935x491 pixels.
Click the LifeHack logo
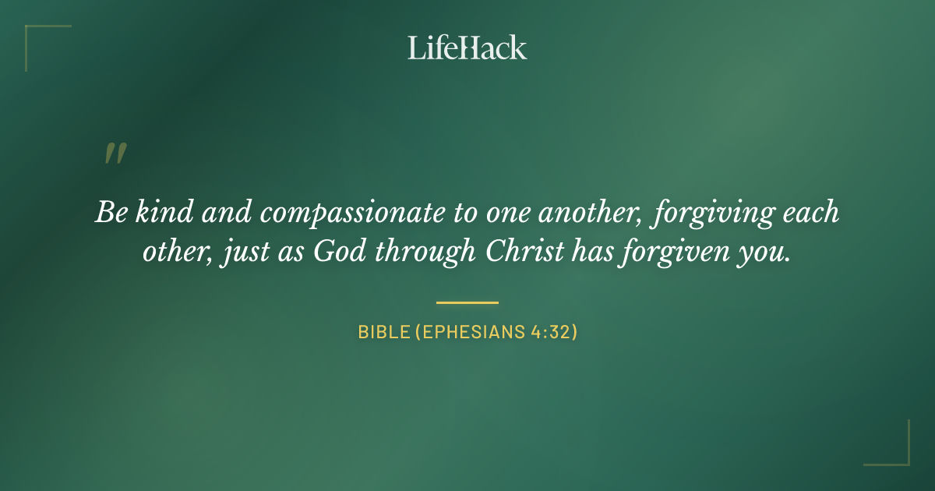(x=467, y=48)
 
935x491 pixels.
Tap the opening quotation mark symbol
(x=115, y=154)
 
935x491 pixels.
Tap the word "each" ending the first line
(x=812, y=213)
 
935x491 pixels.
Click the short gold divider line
(x=467, y=302)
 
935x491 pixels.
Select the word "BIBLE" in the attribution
(x=383, y=332)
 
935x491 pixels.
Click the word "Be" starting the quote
(x=110, y=213)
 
